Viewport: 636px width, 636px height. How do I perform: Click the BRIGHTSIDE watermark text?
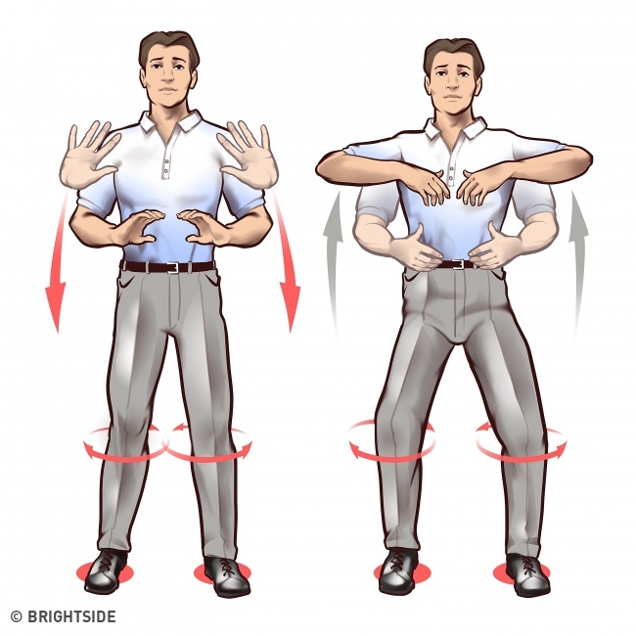coord(71,616)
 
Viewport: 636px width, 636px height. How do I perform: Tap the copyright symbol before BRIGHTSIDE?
coord(17,617)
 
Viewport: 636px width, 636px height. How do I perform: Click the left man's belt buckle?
coord(173,267)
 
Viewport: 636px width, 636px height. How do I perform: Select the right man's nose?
coord(450,84)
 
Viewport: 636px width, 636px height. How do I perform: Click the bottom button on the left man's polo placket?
coord(166,177)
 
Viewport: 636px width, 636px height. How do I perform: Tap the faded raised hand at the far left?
coord(90,155)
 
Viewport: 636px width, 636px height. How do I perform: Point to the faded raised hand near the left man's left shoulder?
coord(249,155)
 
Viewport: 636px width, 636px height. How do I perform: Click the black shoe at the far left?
coord(107,572)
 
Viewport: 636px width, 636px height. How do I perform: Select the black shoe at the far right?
coord(528,574)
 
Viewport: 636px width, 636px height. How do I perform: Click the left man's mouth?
coord(166,90)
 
